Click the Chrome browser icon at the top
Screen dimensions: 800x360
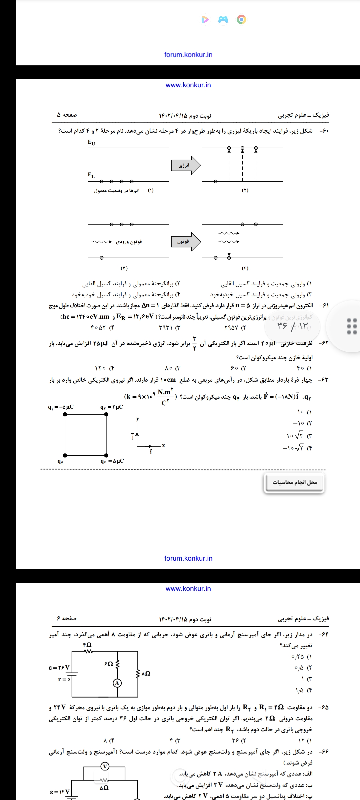[x=242, y=20]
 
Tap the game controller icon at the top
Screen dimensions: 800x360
[x=223, y=20]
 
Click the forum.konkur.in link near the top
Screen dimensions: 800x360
[x=188, y=55]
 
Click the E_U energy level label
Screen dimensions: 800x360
[x=91, y=143]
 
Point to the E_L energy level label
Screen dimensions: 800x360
[x=91, y=175]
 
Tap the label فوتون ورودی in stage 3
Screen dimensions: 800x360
[x=129, y=242]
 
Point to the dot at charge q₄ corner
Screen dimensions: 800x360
[x=65, y=455]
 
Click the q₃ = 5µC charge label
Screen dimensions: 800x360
[x=112, y=461]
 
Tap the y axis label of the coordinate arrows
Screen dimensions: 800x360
[x=137, y=419]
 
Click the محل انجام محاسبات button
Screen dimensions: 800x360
[x=295, y=482]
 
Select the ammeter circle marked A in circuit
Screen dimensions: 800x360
[x=117, y=683]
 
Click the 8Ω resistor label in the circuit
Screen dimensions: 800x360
[x=146, y=674]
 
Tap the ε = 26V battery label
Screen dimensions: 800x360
[x=59, y=668]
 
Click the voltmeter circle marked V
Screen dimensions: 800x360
[x=105, y=766]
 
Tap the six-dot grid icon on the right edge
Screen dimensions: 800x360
[x=352, y=326]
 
